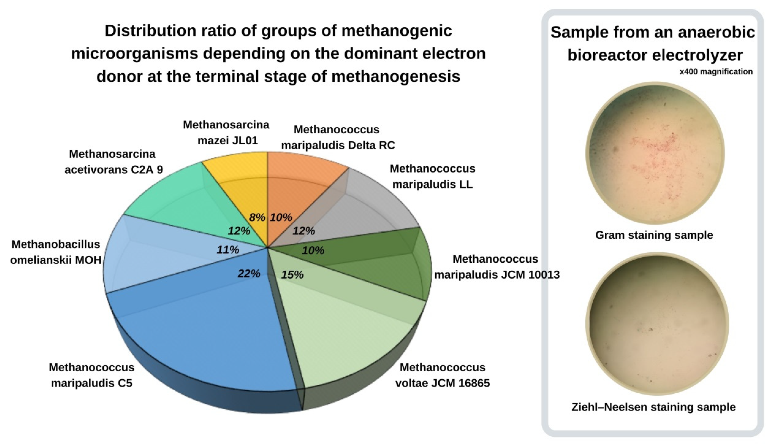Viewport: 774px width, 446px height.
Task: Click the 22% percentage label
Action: (249, 273)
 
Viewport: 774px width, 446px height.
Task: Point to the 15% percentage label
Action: (292, 274)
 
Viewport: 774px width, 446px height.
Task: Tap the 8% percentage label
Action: (257, 217)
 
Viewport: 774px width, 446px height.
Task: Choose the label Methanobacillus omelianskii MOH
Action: (56, 252)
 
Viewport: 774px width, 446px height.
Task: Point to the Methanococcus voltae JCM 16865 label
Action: (442, 375)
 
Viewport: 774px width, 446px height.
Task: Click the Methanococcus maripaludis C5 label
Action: (92, 375)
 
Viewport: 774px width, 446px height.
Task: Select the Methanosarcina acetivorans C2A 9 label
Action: (113, 162)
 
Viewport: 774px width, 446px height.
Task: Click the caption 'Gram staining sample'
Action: (654, 235)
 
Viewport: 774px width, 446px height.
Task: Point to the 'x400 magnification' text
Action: (716, 72)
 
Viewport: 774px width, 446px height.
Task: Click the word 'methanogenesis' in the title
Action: (395, 76)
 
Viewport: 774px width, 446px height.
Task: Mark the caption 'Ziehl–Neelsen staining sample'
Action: (653, 407)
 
